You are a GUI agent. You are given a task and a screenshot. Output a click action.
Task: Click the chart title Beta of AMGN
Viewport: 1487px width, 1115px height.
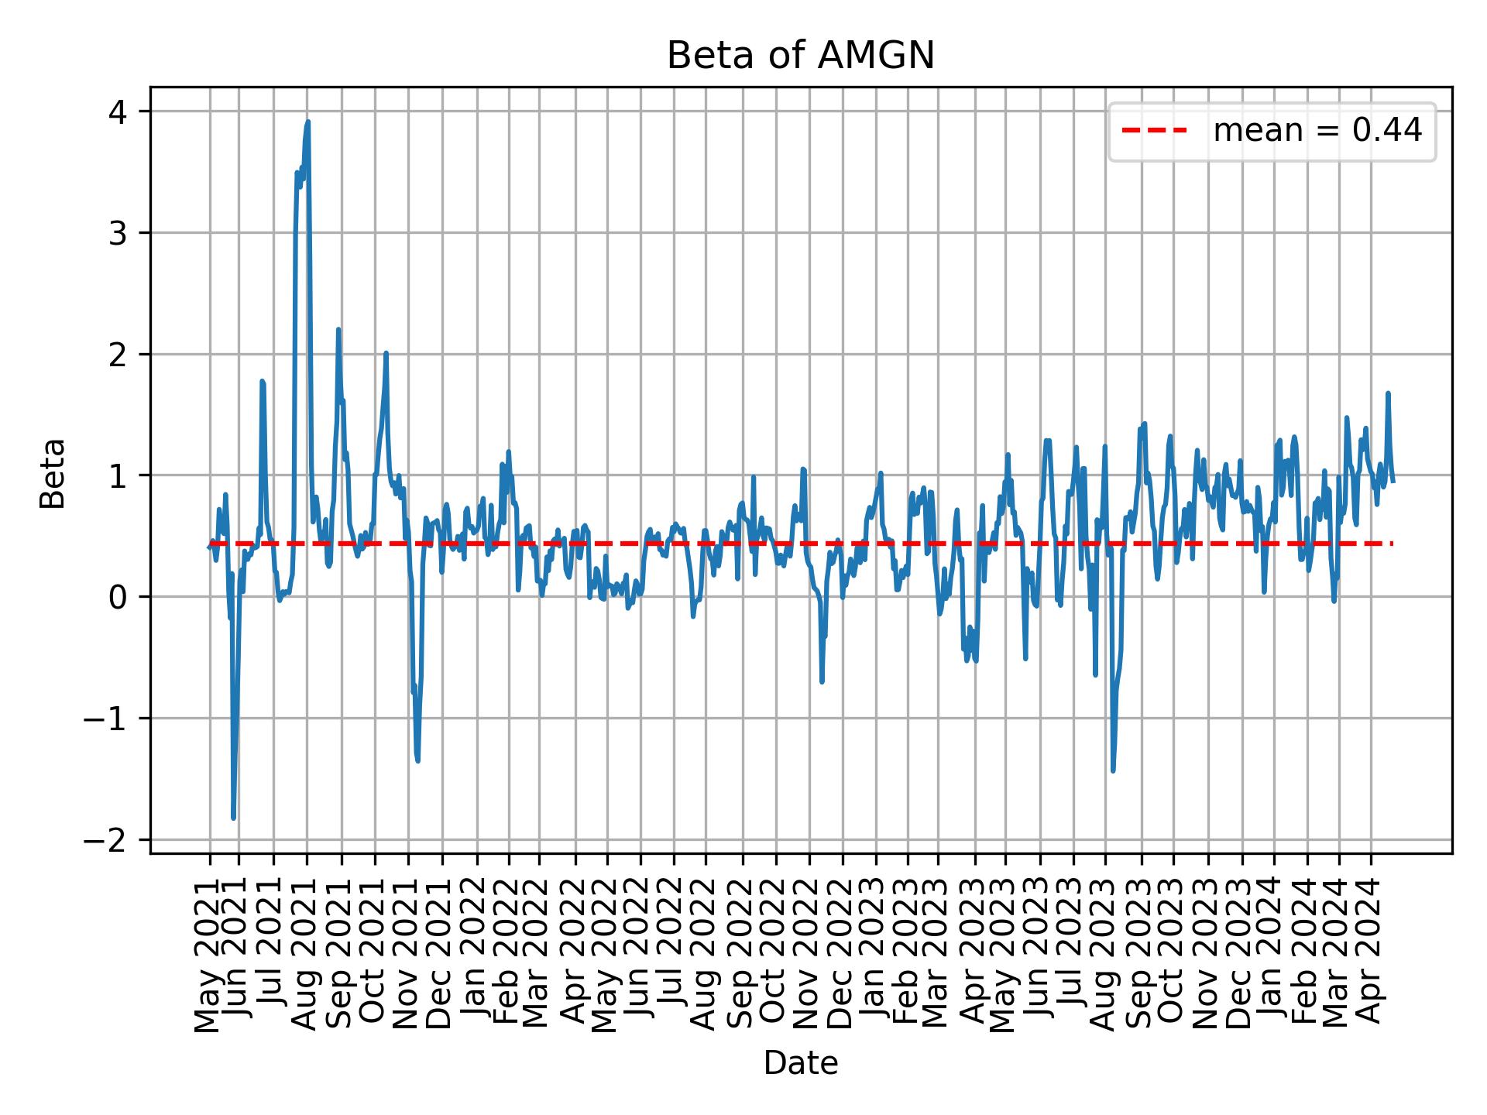coord(800,56)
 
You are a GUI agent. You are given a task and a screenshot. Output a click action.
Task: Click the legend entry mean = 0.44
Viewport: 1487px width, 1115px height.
coord(1317,132)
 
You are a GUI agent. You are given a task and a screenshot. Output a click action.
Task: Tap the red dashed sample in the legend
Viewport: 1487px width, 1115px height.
coord(1154,132)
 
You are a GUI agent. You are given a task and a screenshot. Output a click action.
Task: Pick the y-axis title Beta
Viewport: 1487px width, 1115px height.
coord(53,473)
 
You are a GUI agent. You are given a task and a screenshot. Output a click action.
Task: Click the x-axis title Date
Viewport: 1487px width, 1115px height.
coord(800,1064)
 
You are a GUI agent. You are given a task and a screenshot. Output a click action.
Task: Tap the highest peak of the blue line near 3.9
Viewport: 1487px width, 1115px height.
coord(307,122)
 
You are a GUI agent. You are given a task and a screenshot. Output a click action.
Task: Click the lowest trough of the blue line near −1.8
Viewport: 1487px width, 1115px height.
coord(234,818)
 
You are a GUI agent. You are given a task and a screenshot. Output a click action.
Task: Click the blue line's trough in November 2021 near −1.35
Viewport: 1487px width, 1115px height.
coord(418,761)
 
